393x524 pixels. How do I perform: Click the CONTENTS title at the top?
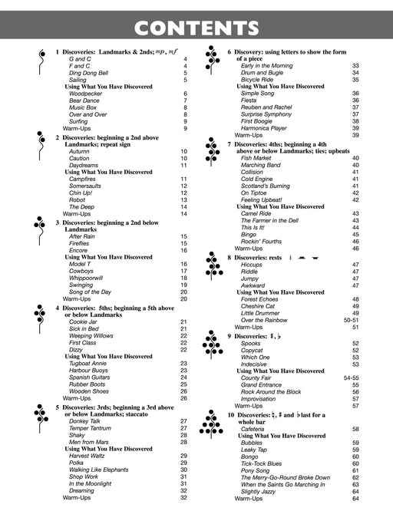pyautogui.click(x=196, y=29)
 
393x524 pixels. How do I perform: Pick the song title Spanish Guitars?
pyautogui.click(x=91, y=377)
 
